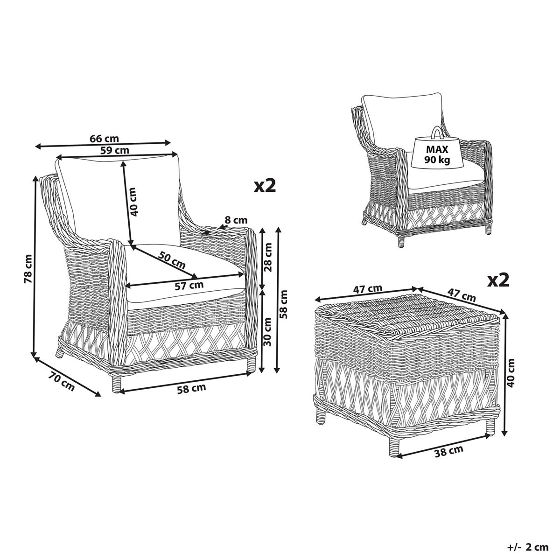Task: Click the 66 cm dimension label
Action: pyautogui.click(x=104, y=139)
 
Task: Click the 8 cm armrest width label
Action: pyautogui.click(x=236, y=219)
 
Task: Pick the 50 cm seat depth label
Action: pyautogui.click(x=171, y=259)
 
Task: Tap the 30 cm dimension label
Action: pyautogui.click(x=267, y=332)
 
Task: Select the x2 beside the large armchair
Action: pyautogui.click(x=265, y=186)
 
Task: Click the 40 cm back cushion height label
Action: pyautogui.click(x=134, y=202)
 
